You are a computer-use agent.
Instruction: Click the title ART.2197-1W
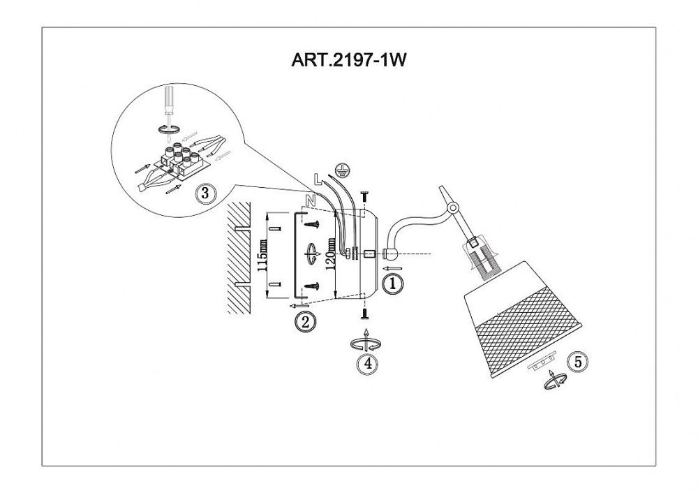(x=348, y=59)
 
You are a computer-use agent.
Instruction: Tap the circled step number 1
(x=392, y=284)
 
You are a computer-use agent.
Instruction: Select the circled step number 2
(x=306, y=321)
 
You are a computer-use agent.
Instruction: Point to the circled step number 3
(x=205, y=193)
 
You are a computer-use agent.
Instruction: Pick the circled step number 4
(x=368, y=363)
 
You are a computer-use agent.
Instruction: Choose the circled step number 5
(x=578, y=361)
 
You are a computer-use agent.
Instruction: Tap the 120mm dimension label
(x=330, y=255)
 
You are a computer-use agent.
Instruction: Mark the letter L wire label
(x=318, y=179)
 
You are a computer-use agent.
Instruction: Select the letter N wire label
(x=311, y=201)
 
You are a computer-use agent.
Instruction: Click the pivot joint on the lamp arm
(x=453, y=207)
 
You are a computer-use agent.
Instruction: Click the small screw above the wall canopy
(x=364, y=196)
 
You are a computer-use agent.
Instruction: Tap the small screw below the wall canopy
(x=364, y=315)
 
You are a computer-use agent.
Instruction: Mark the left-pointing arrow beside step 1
(x=392, y=269)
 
